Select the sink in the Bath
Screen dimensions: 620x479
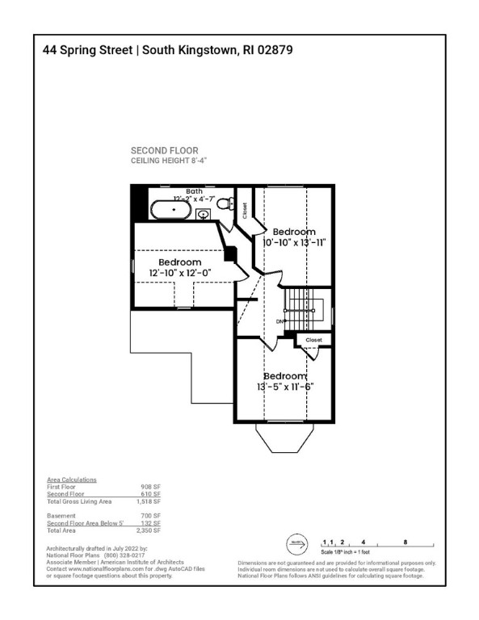pyautogui.click(x=204, y=214)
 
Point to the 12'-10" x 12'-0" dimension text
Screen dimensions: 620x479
pyautogui.click(x=179, y=274)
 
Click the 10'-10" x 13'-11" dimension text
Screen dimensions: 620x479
pyautogui.click(x=293, y=241)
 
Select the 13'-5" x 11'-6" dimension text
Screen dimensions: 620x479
pyautogui.click(x=285, y=387)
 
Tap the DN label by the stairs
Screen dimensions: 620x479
pyautogui.click(x=280, y=321)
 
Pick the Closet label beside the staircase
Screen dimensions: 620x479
pyautogui.click(x=313, y=340)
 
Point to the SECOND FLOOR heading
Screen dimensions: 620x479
pyautogui.click(x=164, y=151)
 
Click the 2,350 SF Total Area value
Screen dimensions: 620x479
pyautogui.click(x=151, y=530)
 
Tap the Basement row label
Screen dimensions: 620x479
pyautogui.click(x=61, y=515)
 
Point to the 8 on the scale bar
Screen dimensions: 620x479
pyautogui.click(x=405, y=542)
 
